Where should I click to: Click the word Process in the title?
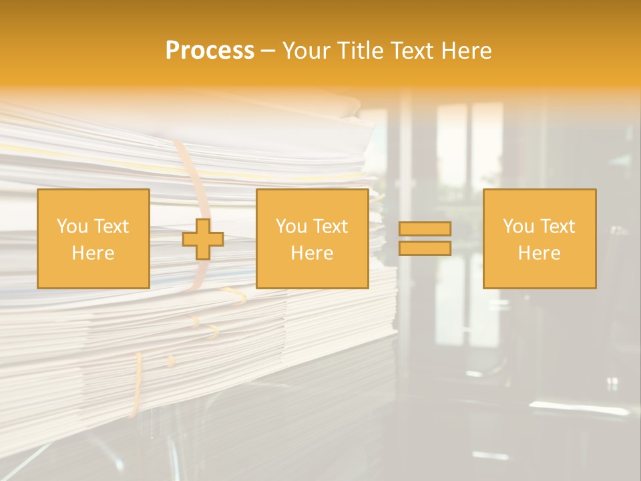210,51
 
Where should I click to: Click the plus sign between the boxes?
203,239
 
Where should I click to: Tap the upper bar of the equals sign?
425,229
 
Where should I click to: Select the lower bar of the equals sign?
425,248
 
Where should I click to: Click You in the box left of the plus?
71,226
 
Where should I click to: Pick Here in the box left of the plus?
93,253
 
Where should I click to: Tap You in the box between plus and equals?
290,226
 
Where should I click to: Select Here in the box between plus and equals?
312,253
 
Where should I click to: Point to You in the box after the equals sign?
517,226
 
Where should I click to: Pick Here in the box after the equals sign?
539,253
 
